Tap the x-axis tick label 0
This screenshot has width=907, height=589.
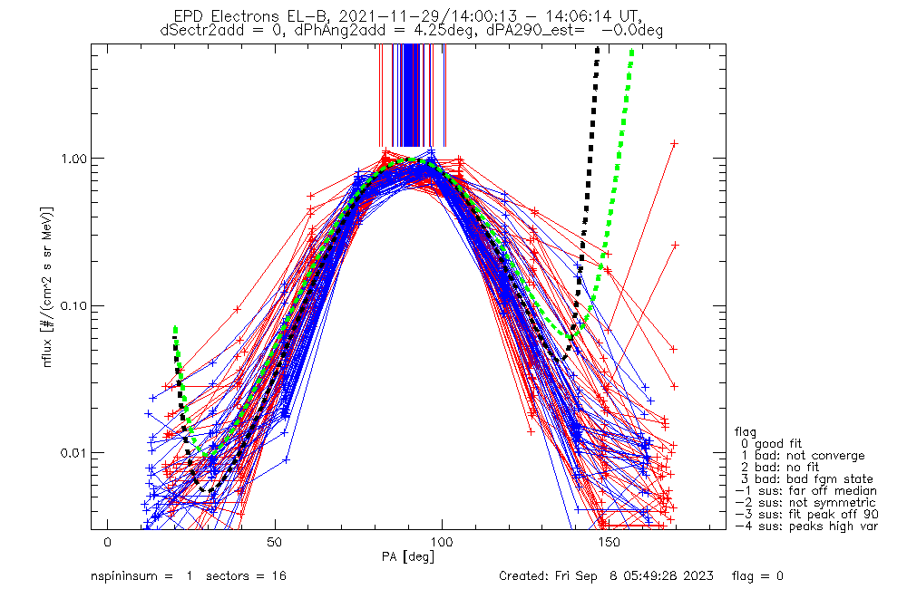coord(108,542)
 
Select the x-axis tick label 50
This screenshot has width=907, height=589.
coord(275,542)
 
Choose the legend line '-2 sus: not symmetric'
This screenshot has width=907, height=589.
coord(805,502)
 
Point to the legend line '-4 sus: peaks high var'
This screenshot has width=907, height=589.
coord(805,526)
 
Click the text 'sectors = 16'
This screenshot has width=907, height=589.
coord(244,576)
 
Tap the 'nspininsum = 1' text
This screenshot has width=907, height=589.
coord(140,576)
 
